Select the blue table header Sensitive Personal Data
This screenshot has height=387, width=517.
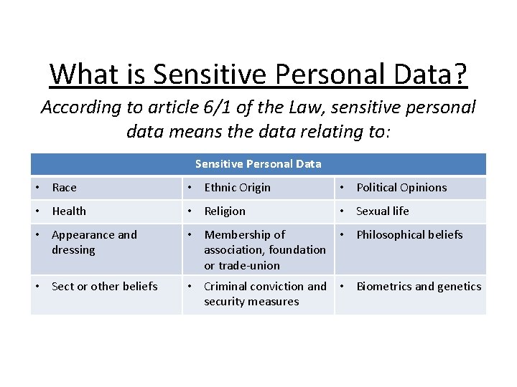point(258,164)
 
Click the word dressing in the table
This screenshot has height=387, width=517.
point(73,250)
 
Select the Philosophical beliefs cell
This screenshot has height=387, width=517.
point(409,235)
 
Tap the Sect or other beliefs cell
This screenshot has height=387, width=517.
point(104,287)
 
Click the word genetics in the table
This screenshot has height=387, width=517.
point(459,287)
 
